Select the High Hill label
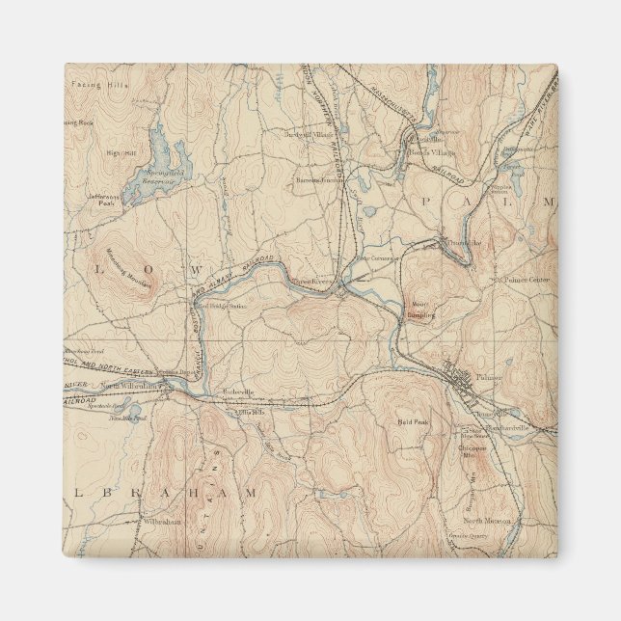point(121,152)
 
